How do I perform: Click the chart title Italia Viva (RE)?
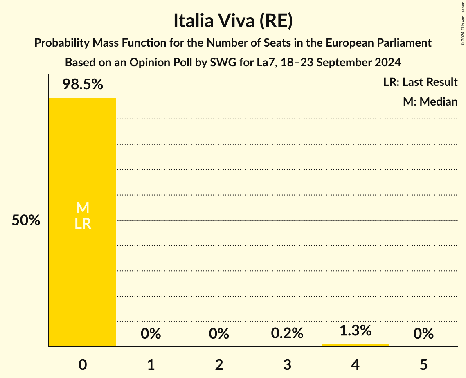233,21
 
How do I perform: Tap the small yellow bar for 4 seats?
355,345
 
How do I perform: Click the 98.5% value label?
83,85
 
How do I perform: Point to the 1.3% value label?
355,330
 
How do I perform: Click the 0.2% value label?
287,334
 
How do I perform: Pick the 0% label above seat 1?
151,334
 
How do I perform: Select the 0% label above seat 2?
219,334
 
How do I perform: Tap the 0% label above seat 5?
423,334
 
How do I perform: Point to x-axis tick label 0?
83,364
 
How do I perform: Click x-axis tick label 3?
287,364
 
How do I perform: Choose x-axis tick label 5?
423,364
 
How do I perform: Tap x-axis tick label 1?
151,364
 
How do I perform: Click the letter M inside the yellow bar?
83,208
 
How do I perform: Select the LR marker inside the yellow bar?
83,224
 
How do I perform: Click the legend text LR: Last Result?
420,82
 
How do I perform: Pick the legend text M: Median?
430,101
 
